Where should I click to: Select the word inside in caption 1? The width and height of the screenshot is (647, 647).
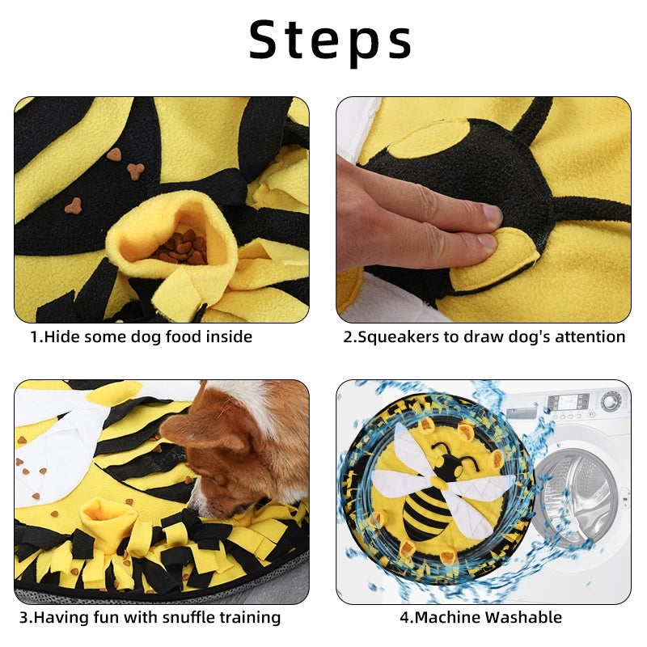point(229,336)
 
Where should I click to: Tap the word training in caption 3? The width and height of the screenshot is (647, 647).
point(250,618)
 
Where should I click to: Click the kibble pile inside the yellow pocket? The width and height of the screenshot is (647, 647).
point(180,247)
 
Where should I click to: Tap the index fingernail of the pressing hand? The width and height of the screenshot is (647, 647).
point(493,214)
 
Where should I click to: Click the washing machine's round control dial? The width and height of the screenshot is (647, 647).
point(611,400)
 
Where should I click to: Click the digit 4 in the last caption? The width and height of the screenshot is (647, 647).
point(404,618)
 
